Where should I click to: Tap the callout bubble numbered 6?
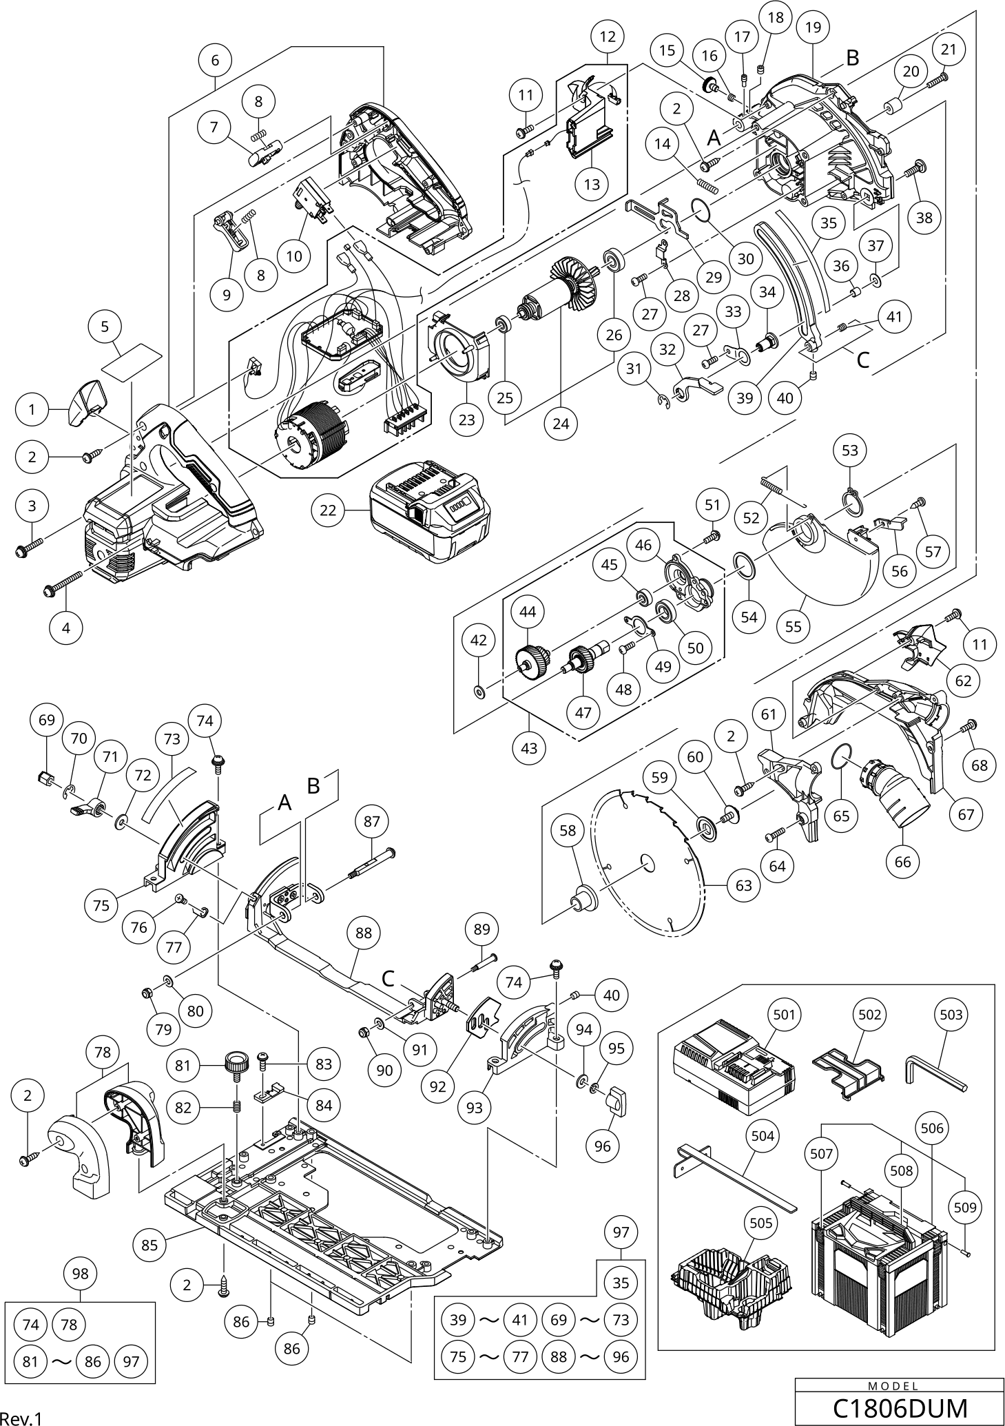coord(215,61)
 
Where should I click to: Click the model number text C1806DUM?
coord(900,1408)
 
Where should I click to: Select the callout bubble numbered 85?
coord(149,1245)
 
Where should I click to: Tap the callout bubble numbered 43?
coord(529,747)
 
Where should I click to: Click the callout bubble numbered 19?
coord(813,28)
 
